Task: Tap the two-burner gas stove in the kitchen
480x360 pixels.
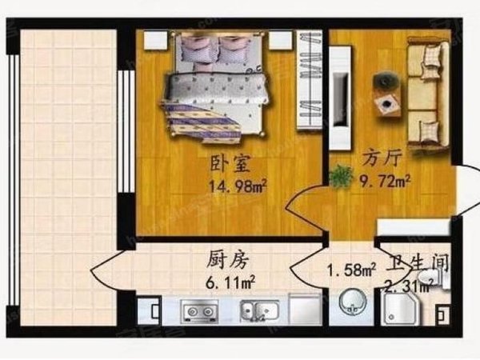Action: pos(199,309)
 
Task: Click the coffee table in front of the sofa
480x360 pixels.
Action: pos(390,103)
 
